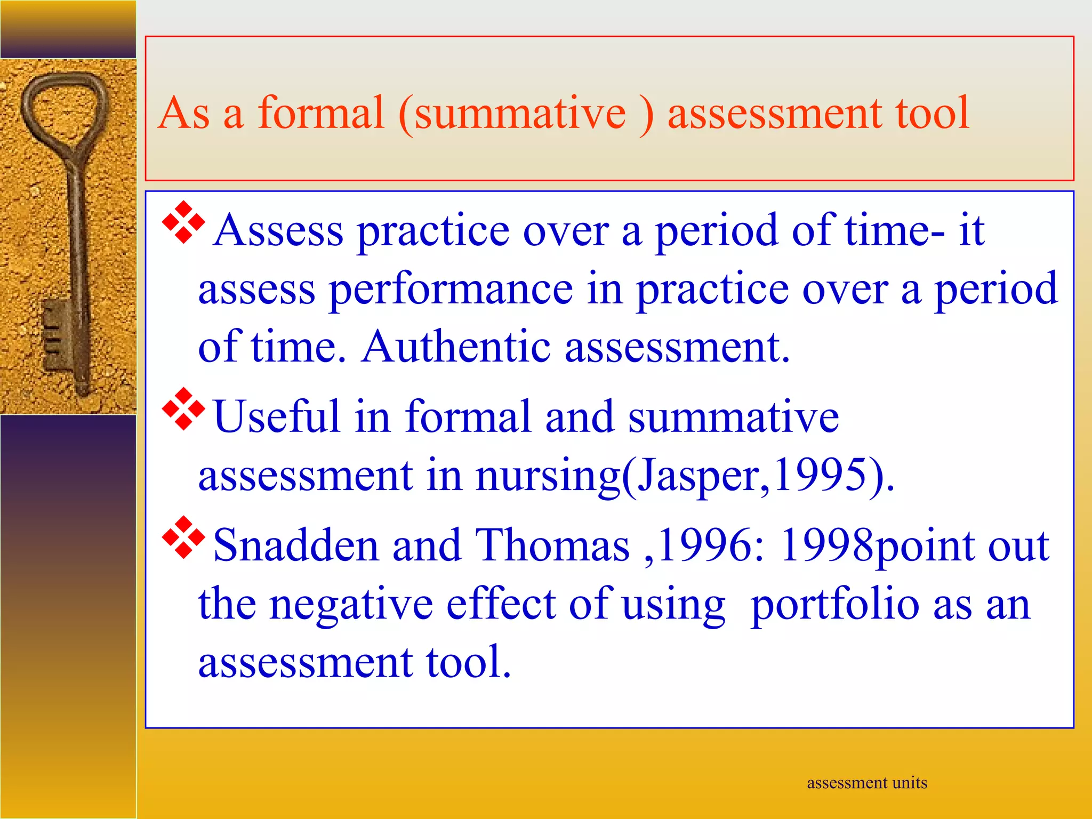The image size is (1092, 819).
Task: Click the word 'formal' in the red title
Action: (320, 113)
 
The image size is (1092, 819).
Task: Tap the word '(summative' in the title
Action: (512, 113)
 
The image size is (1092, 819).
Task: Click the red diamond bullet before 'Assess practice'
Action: (183, 222)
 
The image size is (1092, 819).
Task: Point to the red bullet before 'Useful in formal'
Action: (183, 409)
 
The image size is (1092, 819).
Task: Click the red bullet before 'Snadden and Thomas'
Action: (183, 537)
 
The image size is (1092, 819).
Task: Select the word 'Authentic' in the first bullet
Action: (456, 347)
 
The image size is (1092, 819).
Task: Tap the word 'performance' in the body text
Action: (451, 290)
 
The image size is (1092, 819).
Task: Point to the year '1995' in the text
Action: (819, 475)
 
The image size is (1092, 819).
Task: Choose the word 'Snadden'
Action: (295, 546)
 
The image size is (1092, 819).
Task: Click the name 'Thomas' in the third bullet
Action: (552, 546)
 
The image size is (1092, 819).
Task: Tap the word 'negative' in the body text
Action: (351, 605)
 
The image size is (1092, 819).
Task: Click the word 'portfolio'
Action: (834, 605)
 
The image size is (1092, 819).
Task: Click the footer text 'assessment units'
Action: (866, 783)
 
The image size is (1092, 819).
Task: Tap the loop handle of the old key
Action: (64, 107)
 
